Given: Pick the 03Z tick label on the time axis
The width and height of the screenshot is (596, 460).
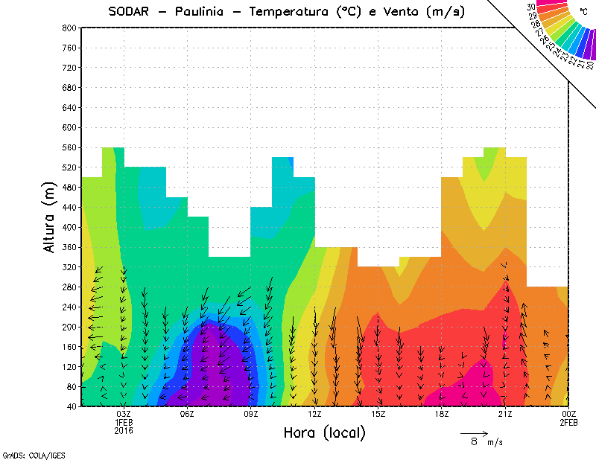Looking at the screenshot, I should pos(124,414).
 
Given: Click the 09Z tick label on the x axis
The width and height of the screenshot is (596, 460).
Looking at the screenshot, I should pos(251,414).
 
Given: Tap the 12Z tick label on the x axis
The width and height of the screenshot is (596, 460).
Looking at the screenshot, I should pos(314,414).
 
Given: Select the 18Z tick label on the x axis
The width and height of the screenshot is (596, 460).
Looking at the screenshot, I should pos(441,414).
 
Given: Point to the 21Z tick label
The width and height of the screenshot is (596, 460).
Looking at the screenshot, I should pos(505,414).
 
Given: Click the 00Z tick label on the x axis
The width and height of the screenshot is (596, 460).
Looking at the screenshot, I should pos(568,414).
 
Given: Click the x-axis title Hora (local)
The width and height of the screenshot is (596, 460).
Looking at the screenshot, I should pos(324,432).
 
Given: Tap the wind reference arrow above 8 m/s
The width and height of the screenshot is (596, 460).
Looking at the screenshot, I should pos(474,432).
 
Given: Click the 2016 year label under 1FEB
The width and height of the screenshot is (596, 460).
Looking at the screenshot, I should pos(124,430).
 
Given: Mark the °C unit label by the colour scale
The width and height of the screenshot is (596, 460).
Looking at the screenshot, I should pos(583,11).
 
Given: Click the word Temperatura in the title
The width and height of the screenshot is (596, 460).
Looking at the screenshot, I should pos(291,11).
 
